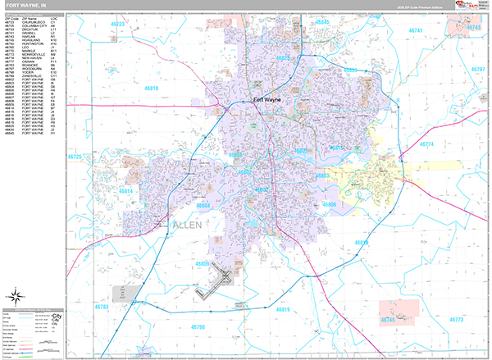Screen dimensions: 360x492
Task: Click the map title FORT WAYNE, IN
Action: coord(29,6)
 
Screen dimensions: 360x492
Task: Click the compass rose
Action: coord(15,296)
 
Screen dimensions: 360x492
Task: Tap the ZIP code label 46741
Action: coord(417,30)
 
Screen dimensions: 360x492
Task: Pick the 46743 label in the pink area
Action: coord(474,28)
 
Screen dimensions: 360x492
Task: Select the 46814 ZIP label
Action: coord(126,190)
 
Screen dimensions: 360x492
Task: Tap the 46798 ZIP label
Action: coord(198,327)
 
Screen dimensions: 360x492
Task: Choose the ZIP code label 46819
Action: coord(283,309)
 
